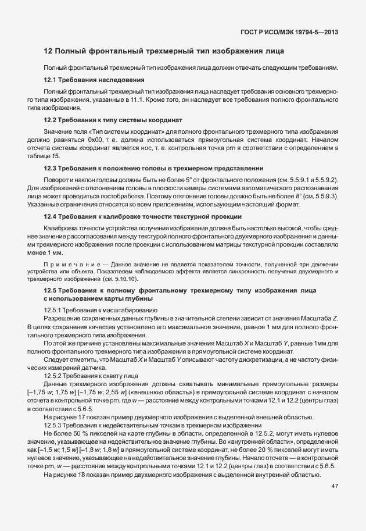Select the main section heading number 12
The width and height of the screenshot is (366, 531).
48,52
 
